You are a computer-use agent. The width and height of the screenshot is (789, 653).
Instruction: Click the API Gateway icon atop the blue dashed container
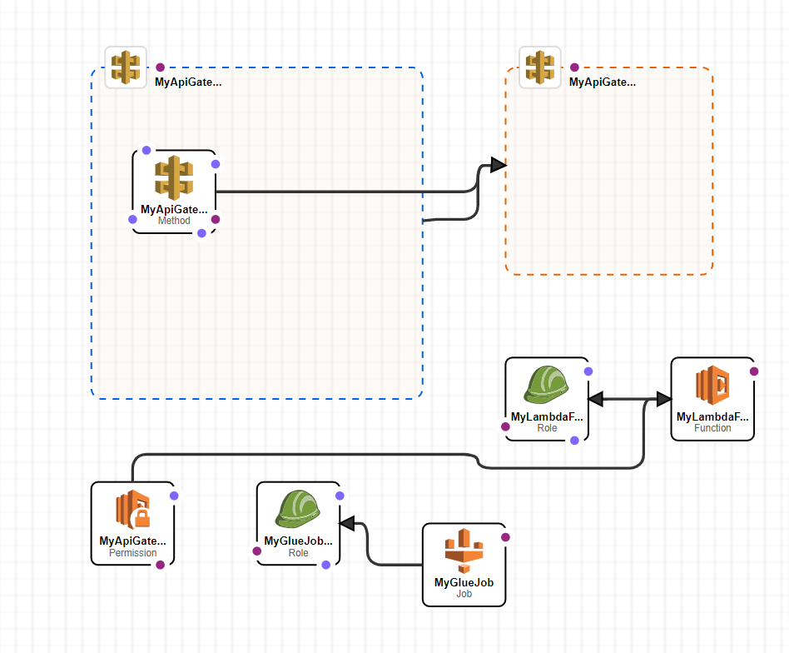126,67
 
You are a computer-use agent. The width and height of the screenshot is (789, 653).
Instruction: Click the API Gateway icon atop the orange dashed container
540,67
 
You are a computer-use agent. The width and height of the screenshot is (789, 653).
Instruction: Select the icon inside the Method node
173,177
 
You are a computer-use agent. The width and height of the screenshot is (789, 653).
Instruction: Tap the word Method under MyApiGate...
174,221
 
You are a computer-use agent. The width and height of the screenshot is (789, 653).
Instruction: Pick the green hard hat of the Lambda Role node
547,385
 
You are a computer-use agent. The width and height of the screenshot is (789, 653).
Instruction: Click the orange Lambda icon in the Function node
712,385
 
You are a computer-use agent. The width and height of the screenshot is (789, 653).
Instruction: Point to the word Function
712,428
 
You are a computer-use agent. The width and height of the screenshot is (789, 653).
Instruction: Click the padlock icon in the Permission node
141,518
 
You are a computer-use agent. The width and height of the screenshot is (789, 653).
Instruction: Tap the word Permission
132,553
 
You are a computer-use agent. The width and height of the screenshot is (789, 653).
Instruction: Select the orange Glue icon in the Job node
464,550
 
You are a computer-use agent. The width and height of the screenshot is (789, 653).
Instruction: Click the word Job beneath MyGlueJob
464,594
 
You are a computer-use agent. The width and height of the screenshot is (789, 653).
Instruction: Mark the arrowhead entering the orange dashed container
498,165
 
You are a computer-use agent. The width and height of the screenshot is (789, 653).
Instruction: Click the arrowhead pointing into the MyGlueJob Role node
347,523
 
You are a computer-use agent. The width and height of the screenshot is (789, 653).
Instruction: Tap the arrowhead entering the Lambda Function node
663,400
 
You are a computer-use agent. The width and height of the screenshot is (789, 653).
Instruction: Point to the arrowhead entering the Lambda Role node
596,400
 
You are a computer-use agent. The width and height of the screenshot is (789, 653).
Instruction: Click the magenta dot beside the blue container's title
160,67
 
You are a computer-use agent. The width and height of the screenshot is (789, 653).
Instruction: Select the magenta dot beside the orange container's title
574,67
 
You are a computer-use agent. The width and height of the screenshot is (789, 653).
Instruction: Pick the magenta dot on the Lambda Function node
753,371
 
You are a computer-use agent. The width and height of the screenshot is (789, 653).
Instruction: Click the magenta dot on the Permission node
160,565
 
